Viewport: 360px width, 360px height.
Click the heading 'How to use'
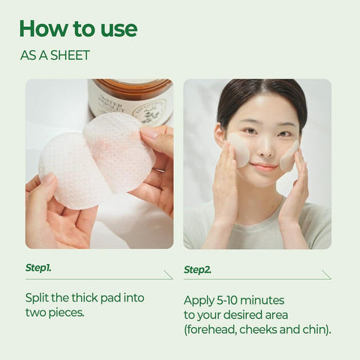tap(78, 28)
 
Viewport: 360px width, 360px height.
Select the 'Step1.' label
tap(38, 267)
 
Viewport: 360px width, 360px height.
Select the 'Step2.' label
tap(197, 268)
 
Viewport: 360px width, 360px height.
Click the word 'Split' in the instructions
tap(37, 298)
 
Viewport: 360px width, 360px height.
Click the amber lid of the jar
tap(131, 86)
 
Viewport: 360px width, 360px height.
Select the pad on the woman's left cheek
tap(289, 154)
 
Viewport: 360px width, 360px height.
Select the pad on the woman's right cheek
tap(239, 148)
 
